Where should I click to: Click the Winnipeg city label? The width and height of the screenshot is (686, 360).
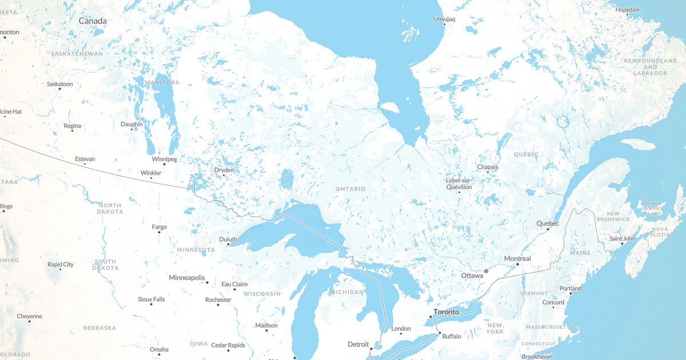(x=165, y=159)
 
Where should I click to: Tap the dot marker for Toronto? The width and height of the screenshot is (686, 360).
(x=430, y=317)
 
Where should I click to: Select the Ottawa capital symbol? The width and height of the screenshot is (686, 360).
(x=486, y=271)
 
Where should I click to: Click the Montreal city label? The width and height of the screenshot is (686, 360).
(x=517, y=259)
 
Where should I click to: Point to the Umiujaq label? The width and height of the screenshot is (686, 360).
(x=444, y=19)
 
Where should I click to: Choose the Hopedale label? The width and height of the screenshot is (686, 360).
(x=627, y=10)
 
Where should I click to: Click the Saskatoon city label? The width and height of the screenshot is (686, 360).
(x=60, y=84)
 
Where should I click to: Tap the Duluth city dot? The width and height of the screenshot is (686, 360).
(x=228, y=245)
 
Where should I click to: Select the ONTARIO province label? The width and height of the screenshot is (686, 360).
(x=350, y=189)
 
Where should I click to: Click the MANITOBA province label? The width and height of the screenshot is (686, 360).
(x=162, y=82)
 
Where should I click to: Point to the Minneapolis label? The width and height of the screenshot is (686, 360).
(x=187, y=278)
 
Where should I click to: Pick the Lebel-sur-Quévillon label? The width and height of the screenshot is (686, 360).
(x=459, y=183)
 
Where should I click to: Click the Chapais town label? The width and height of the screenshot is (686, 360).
(x=488, y=167)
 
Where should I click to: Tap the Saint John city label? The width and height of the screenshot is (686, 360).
(x=622, y=238)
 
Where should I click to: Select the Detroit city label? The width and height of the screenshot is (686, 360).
(x=358, y=344)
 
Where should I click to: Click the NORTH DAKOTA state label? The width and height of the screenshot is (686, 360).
(x=110, y=208)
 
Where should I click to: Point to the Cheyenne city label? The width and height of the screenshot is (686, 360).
(x=29, y=316)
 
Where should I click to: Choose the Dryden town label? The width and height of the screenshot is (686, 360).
(x=224, y=170)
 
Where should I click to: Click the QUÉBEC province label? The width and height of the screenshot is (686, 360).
(x=526, y=154)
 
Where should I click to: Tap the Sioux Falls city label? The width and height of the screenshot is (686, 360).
(x=151, y=299)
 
